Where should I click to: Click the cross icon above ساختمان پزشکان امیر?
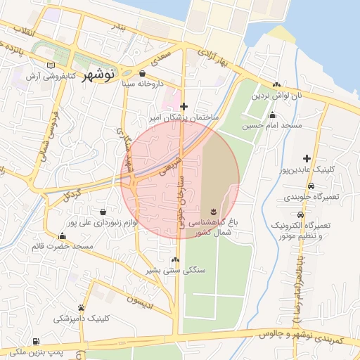click(x=184, y=106)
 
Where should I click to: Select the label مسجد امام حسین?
click(x=272, y=126)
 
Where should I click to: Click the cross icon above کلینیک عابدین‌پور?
click(x=306, y=159)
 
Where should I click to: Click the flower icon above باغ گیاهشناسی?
click(x=212, y=211)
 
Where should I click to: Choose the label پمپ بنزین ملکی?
click(x=32, y=349)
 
